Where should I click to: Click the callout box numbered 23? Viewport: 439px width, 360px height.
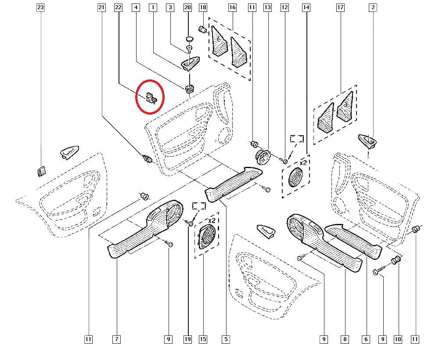41,7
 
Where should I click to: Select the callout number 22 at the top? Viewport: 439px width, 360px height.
118,7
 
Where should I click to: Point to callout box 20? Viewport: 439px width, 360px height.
187,7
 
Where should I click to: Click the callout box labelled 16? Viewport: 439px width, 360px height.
232,7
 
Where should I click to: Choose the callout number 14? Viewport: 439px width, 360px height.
306,7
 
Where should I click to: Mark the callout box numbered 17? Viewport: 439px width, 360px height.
340,7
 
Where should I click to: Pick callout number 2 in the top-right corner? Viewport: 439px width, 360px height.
373,7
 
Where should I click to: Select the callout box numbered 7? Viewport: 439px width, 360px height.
116,339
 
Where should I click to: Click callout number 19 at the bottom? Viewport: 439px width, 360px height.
188,339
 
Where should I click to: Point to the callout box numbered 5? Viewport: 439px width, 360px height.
226,339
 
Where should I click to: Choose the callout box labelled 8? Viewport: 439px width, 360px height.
345,339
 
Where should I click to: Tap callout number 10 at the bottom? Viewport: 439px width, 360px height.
398,339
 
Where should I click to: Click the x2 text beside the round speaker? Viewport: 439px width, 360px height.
302,163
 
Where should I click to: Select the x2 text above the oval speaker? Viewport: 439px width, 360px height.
212,220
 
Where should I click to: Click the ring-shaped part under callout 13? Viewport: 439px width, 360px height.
263,156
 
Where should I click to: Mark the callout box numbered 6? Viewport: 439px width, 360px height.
366,339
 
